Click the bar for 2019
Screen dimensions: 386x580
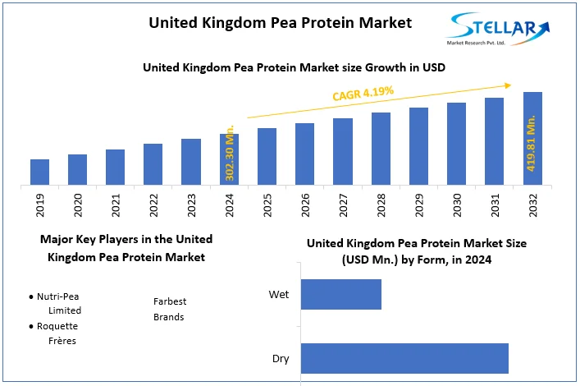click(40, 172)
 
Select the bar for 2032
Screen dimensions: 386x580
click(532, 138)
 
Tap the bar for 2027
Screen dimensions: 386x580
click(343, 151)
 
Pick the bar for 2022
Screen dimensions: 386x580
click(153, 164)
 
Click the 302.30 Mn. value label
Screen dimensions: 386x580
click(230, 154)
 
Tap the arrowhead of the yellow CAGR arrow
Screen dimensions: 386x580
click(509, 84)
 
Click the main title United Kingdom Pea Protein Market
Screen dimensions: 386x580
click(280, 22)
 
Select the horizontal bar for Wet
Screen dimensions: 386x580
click(341, 294)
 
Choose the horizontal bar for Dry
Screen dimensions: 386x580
click(404, 358)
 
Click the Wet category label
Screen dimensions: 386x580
click(279, 294)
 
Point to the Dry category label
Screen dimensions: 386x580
click(281, 358)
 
